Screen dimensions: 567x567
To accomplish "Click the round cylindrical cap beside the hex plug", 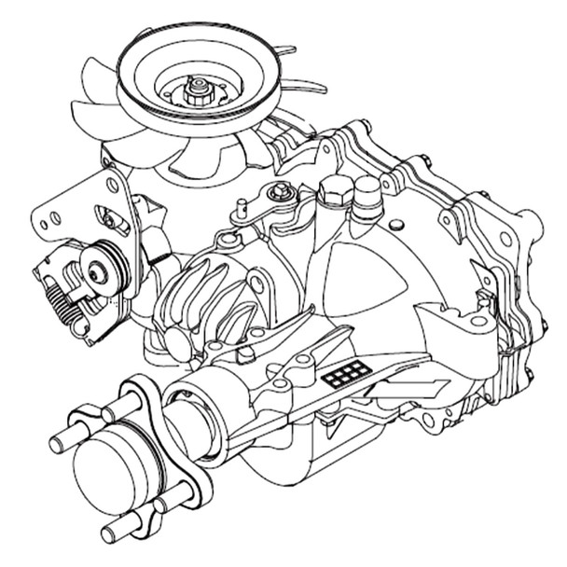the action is pos(367,193).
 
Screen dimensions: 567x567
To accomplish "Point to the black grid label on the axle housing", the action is pos(347,374).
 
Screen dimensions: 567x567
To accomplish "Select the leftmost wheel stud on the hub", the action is pos(62,437).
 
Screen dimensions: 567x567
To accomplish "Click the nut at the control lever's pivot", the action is pos(278,193).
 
